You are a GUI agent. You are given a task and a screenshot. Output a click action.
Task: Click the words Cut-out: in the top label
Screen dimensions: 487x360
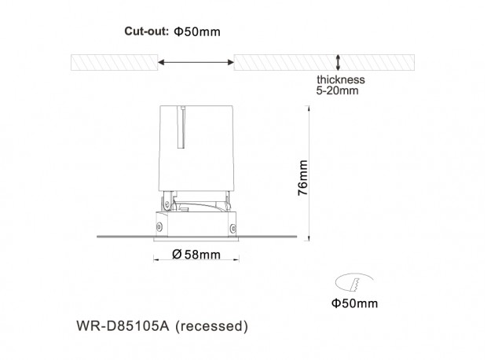pos(146,31)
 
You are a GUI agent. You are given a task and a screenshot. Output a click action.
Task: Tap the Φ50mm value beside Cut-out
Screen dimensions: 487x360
pos(197,31)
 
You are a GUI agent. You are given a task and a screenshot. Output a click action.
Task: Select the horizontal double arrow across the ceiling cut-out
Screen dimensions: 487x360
pos(196,62)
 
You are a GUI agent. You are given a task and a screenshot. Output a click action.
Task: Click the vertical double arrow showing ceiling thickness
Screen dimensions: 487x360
pos(338,62)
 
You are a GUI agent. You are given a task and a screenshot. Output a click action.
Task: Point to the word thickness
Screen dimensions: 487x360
pos(341,79)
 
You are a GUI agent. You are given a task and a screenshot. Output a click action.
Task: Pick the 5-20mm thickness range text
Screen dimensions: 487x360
pos(337,90)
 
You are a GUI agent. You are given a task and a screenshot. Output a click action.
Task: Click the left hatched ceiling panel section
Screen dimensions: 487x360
pos(115,62)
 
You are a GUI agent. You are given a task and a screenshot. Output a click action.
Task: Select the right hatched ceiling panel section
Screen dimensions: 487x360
pos(324,62)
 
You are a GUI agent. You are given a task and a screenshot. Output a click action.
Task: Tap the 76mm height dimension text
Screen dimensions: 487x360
pos(302,178)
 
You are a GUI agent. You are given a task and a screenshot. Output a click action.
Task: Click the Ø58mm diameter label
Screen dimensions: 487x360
pos(196,255)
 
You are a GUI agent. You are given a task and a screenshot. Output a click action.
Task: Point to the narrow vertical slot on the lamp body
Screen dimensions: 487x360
pos(181,127)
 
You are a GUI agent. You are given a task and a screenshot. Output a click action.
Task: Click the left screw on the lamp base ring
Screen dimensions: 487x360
pos(159,226)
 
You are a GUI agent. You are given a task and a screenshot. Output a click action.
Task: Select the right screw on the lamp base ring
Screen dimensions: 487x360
pos(233,228)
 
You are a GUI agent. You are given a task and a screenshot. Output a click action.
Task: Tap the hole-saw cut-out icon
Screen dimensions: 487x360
pos(354,282)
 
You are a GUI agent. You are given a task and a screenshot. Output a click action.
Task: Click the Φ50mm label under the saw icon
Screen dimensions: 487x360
pos(355,303)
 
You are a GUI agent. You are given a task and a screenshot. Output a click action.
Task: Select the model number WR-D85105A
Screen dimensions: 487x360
pos(123,326)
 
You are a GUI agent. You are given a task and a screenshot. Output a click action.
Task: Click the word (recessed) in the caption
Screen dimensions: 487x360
pos(211,326)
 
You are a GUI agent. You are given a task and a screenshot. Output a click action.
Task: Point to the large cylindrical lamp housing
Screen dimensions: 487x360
pos(196,148)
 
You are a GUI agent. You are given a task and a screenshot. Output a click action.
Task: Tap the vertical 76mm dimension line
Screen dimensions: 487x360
pos(309,173)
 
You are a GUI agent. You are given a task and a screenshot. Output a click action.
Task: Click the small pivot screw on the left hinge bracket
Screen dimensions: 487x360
pos(167,204)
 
